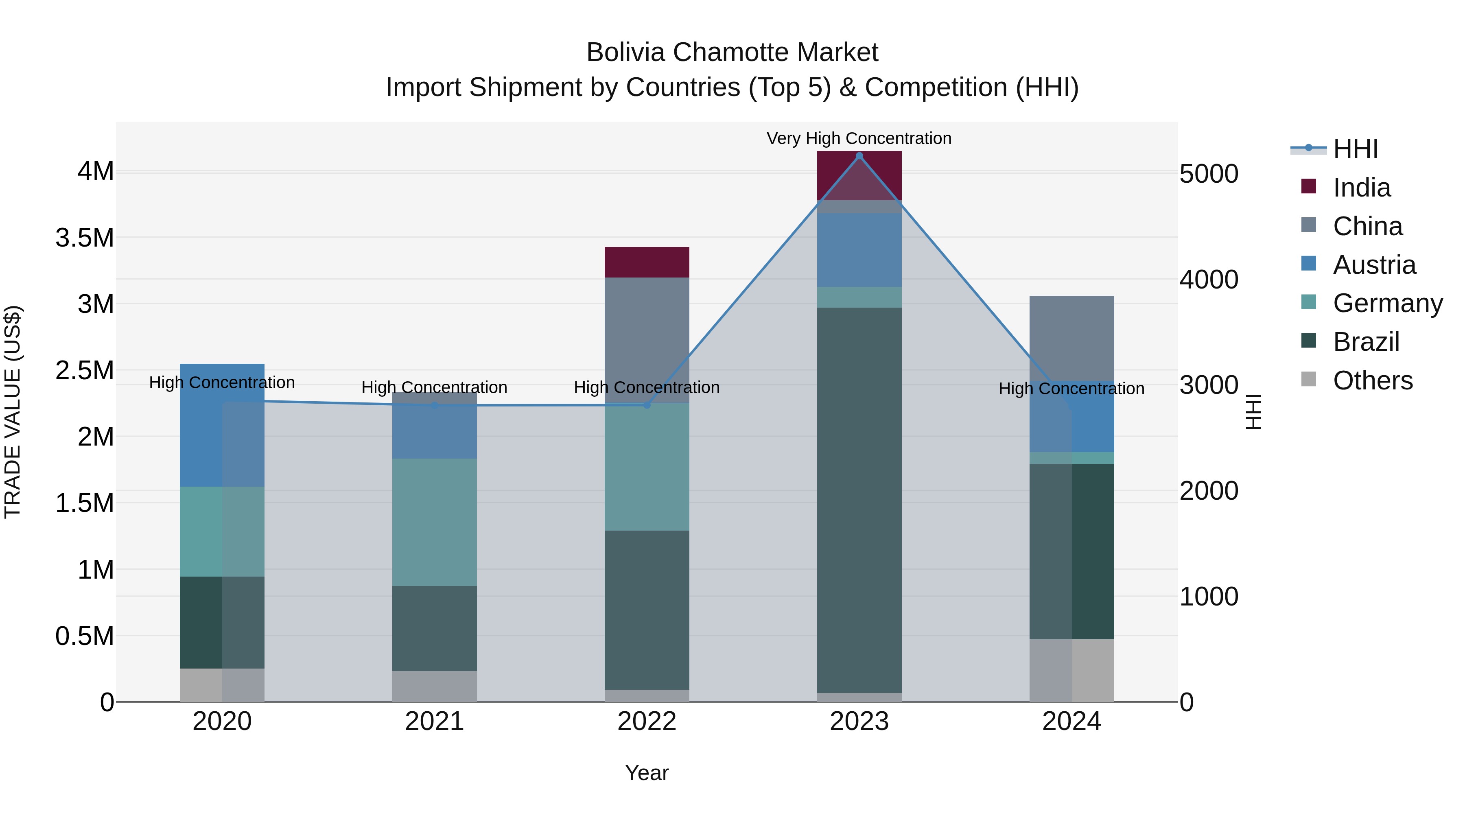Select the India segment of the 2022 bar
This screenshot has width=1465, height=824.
coord(647,262)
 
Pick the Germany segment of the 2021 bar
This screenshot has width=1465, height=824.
coord(435,522)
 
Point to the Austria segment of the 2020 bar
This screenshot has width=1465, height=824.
coord(222,425)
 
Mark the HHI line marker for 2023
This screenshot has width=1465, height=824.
coord(859,156)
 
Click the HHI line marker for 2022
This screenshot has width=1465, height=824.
coord(647,405)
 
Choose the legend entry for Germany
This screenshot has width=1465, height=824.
coord(1388,303)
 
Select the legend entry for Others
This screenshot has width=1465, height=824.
coord(1372,380)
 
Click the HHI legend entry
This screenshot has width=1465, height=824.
coord(1355,149)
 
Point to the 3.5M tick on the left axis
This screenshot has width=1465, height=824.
coord(85,238)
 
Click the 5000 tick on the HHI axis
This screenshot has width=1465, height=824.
coord(1209,174)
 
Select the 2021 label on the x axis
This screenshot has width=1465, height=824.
coord(435,721)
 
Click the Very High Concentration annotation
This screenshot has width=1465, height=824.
coord(859,138)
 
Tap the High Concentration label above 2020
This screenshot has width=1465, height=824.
coord(222,382)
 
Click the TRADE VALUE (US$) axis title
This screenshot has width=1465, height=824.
coord(13,412)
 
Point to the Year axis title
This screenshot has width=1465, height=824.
coord(647,773)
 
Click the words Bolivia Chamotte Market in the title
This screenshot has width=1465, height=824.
coord(732,52)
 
